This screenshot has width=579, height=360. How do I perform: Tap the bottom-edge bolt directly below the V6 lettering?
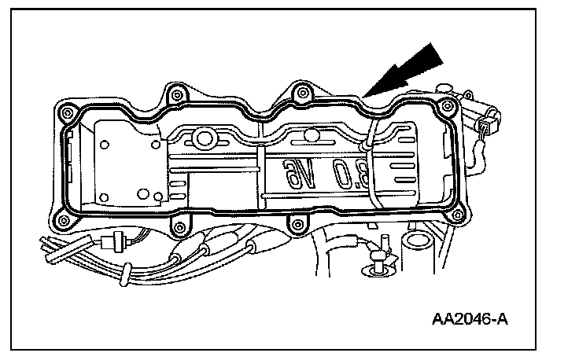tap(296, 227)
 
